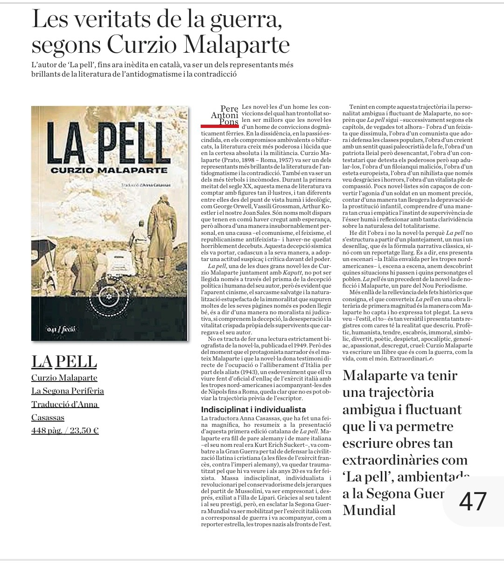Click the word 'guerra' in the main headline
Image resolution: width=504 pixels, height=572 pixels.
247,20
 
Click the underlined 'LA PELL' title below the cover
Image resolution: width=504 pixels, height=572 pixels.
64,361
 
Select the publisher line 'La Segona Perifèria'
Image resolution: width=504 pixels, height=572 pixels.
68,391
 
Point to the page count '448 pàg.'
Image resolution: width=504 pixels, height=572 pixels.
47,431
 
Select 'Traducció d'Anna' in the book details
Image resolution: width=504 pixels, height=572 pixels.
65,404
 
